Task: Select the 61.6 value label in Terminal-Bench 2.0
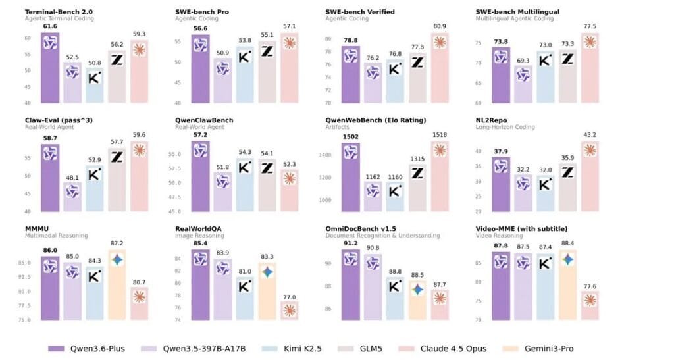(51, 27)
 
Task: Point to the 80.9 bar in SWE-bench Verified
(440, 69)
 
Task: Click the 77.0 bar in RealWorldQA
(290, 311)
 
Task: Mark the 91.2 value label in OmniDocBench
(351, 243)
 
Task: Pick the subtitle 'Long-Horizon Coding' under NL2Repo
(504, 127)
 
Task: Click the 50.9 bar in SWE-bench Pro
(222, 81)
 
